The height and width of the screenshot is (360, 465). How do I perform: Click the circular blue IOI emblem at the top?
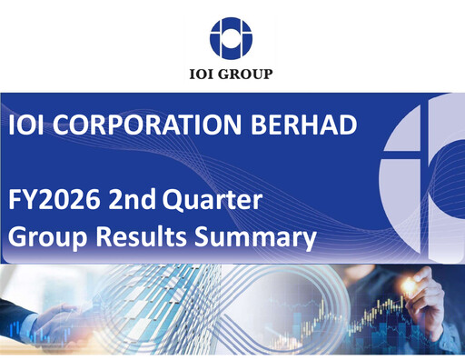pyautogui.click(x=232, y=37)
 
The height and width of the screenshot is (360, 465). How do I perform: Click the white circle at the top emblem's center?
pyautogui.click(x=232, y=37)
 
